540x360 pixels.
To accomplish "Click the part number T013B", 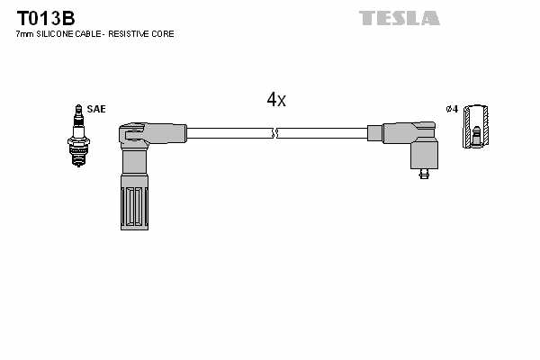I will (x=44, y=17).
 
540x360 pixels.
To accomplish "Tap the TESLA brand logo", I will (x=400, y=17).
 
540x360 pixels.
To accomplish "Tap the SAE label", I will (x=97, y=109).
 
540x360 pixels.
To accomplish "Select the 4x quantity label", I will (x=275, y=100).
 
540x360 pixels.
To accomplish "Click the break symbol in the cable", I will (x=276, y=134).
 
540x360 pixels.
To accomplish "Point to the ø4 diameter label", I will (x=452, y=109).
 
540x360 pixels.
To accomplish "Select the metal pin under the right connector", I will (x=423, y=175).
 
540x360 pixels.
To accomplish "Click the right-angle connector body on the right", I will (x=409, y=139).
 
